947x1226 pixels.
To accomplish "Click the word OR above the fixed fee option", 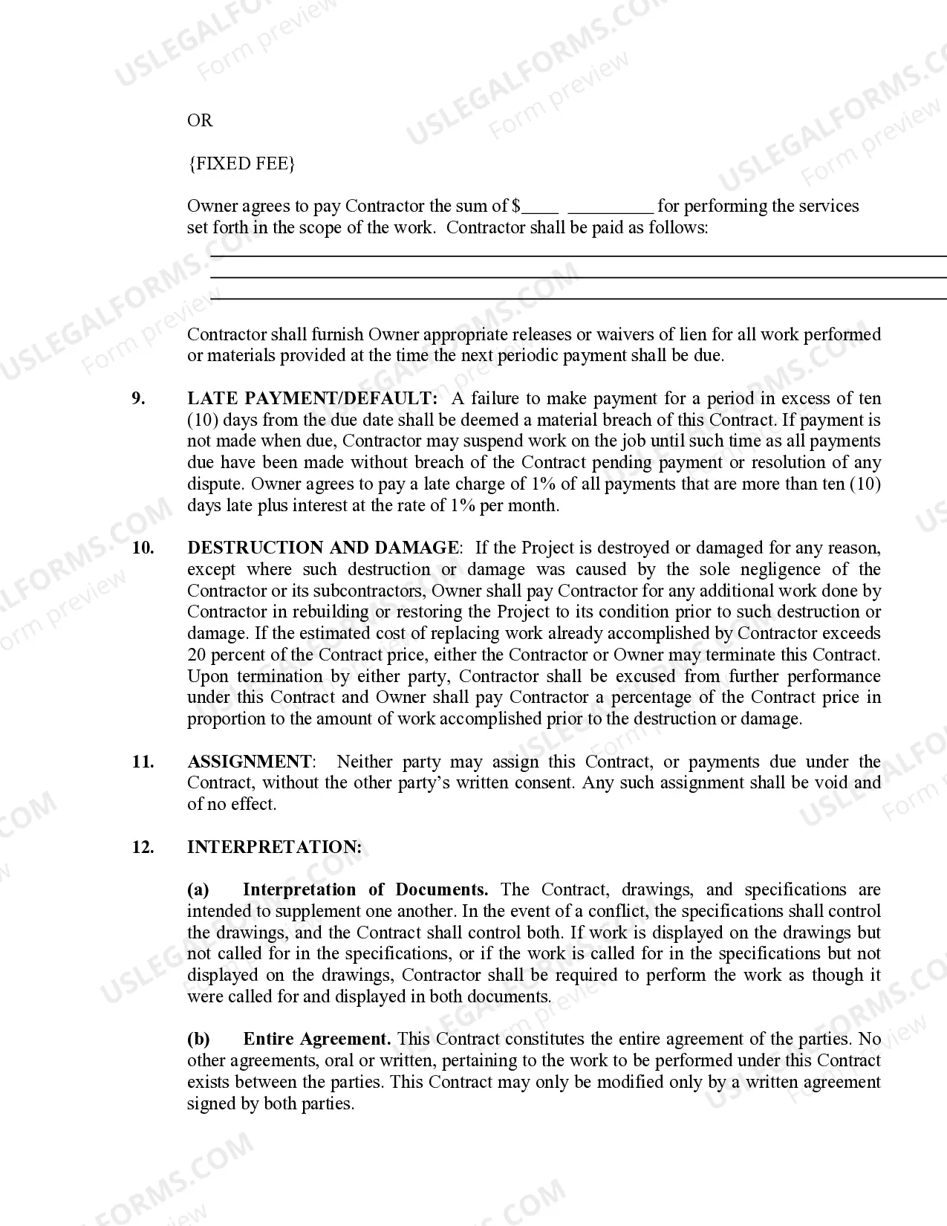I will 200,120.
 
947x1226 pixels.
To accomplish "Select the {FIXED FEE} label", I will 241,163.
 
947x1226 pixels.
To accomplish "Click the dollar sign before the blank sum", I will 516,206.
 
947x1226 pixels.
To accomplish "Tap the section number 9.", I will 139,398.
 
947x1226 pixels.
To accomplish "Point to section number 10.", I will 143,548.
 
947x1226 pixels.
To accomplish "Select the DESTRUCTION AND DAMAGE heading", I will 323,548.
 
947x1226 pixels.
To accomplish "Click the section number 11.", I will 143,762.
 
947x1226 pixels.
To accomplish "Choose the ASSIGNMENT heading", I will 250,762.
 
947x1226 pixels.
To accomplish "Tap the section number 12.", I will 143,847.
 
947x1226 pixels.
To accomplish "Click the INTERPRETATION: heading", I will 275,847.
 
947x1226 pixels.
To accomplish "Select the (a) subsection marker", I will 198,890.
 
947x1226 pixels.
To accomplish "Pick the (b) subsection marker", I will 198,1039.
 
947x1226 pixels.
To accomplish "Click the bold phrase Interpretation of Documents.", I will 365,890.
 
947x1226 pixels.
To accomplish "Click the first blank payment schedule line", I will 578,256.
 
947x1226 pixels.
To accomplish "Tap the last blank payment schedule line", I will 578,299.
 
